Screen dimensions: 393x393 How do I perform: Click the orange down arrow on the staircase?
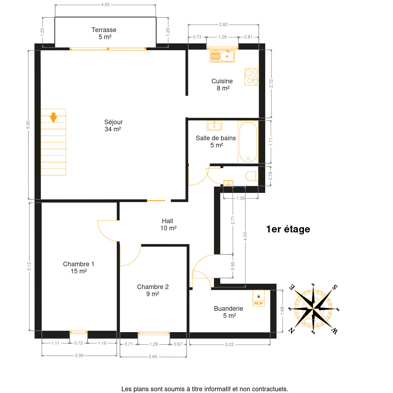(53, 117)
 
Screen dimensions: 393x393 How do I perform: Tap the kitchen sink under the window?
(222, 56)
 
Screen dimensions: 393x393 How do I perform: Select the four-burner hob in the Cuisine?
(252, 77)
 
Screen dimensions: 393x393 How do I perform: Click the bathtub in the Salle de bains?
(248, 142)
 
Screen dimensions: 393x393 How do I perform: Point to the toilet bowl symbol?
(252, 176)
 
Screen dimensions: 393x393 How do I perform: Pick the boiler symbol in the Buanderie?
(258, 298)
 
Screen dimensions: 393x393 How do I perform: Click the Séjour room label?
(113, 126)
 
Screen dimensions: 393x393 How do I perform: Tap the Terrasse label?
(104, 33)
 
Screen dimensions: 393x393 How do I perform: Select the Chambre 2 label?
(153, 290)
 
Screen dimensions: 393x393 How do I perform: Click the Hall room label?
(168, 225)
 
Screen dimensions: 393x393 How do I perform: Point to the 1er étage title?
(288, 229)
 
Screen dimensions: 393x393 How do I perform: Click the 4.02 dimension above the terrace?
(105, 5)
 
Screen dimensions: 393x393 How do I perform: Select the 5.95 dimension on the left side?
(28, 125)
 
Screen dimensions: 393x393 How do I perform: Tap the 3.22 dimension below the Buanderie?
(229, 344)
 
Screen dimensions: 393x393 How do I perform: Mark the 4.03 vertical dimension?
(245, 236)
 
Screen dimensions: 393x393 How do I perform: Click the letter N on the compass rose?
(292, 331)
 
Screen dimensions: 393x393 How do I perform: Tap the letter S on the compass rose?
(335, 287)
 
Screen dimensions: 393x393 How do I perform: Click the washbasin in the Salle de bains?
(214, 126)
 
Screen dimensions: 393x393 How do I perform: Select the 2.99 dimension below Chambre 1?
(79, 355)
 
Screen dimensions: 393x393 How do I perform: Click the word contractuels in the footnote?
(270, 389)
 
